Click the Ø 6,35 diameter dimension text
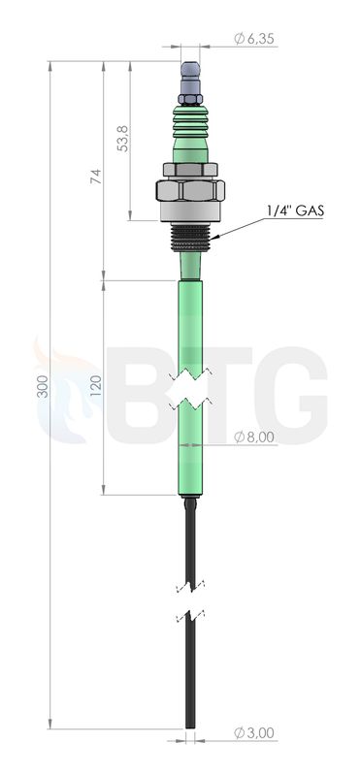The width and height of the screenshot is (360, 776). (254, 39)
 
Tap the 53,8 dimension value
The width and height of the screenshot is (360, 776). (122, 138)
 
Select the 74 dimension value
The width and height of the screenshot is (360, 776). (95, 177)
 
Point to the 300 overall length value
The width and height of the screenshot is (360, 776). (43, 386)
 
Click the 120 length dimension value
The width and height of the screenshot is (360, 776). (96, 385)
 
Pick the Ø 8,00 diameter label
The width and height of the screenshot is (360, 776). (254, 437)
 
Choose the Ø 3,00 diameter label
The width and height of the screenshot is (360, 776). (254, 733)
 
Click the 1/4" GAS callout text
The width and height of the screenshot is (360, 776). (295, 210)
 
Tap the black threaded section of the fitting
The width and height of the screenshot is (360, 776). (190, 237)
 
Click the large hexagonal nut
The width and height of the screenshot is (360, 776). (190, 190)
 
